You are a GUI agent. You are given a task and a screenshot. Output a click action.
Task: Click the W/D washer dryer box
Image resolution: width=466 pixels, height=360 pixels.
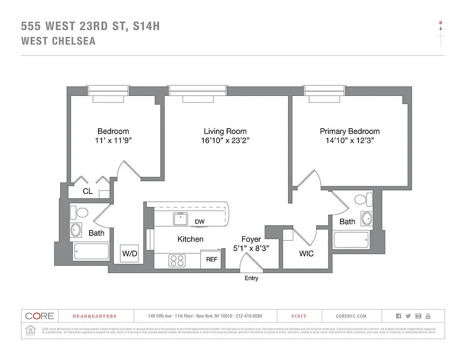point(130,254)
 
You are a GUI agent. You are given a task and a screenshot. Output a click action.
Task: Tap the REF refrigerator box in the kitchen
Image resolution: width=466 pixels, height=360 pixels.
point(211,260)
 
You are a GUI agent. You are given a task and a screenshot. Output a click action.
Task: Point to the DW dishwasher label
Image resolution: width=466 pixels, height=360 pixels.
point(200,222)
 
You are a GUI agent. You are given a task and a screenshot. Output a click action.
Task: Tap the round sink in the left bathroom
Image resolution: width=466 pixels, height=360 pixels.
point(76,230)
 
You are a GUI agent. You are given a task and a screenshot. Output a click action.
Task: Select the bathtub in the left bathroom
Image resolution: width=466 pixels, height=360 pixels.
point(91,252)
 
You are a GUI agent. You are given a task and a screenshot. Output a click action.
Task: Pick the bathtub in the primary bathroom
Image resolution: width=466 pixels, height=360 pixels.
point(351,239)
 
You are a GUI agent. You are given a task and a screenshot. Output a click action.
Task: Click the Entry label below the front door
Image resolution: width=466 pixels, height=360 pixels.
point(251,278)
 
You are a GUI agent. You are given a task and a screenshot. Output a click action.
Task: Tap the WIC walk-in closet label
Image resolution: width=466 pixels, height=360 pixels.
point(306,254)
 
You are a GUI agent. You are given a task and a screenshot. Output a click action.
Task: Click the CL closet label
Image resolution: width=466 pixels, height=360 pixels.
point(88,191)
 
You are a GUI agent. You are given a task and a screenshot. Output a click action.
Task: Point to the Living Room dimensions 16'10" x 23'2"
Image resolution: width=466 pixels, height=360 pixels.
point(225,140)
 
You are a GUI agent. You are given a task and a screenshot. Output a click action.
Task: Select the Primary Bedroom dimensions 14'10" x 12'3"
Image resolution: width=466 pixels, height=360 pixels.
point(349,140)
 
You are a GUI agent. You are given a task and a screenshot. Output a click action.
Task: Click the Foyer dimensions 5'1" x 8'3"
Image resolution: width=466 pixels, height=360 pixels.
point(251,248)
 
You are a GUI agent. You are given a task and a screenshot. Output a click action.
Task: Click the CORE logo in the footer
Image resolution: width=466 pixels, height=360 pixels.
point(40,316)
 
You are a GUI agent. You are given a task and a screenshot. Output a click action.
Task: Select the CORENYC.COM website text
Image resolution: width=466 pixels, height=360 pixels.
point(351,316)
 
